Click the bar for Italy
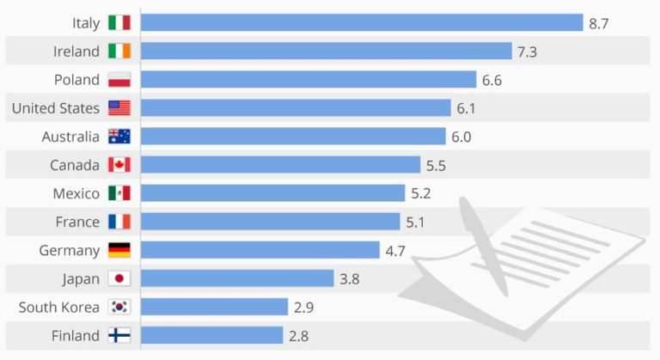tap(362, 22)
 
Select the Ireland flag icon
tap(119, 51)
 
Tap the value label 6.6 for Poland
tap(492, 80)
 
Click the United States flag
tap(119, 108)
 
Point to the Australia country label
tap(70, 137)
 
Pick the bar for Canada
tap(280, 165)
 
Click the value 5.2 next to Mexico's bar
tap(420, 193)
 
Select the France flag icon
tap(119, 222)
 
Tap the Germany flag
tap(119, 250)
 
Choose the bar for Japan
tap(236, 278)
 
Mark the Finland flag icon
tap(119, 335)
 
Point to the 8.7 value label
tap(599, 23)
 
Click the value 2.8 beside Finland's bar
tap(298, 335)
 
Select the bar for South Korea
tap(214, 307)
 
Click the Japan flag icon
tap(119, 278)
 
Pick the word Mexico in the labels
tap(76, 193)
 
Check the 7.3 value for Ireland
tap(527, 52)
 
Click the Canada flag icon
tap(119, 165)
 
